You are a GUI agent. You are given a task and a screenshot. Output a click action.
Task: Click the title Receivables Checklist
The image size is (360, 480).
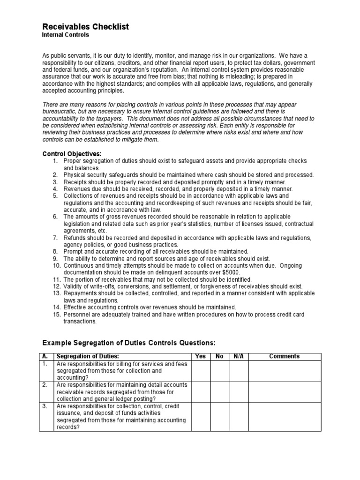(85, 27)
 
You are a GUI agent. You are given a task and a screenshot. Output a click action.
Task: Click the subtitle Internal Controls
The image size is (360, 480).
(66, 35)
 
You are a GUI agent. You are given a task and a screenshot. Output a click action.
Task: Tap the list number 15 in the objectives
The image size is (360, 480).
(56, 314)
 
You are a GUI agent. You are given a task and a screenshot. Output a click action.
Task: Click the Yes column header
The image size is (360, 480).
(200, 356)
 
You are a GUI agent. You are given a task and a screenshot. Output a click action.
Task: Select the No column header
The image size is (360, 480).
(219, 356)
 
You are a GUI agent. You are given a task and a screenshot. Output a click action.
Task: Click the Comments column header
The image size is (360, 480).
(284, 356)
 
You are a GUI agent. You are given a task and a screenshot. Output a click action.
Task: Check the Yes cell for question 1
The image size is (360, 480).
(200, 370)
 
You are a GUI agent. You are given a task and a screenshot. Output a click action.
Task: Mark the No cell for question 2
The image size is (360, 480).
(219, 391)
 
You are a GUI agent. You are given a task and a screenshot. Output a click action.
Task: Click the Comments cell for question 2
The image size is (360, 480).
(284, 391)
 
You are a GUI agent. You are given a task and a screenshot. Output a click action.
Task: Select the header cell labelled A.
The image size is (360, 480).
(46, 356)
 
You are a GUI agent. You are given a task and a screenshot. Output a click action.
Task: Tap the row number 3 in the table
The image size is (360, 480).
(45, 406)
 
